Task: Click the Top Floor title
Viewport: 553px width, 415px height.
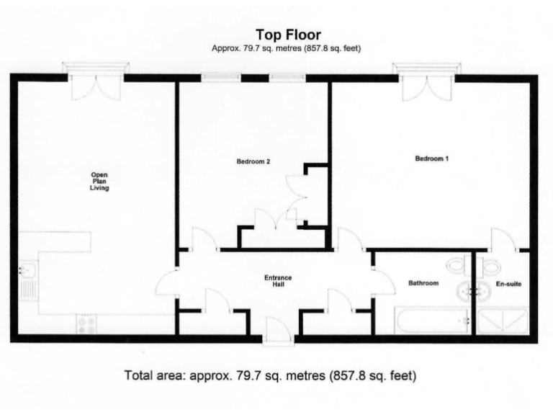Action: [x=288, y=34]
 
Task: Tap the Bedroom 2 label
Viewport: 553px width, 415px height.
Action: [x=253, y=161]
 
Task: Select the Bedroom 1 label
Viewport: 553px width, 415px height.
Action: [x=431, y=159]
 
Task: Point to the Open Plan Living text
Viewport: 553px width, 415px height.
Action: [x=99, y=182]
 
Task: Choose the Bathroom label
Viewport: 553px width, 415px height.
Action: [x=423, y=283]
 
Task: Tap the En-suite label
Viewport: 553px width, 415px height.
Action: [x=508, y=284]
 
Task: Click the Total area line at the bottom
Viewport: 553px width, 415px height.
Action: [x=271, y=375]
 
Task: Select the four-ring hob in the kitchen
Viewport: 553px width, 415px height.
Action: [x=86, y=324]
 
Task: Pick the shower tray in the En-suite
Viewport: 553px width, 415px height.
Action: [x=504, y=321]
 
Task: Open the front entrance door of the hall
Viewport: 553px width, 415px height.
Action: [x=278, y=334]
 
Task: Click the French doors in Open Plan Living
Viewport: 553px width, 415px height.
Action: [x=95, y=83]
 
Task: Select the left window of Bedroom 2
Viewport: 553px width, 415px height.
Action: [x=211, y=77]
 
